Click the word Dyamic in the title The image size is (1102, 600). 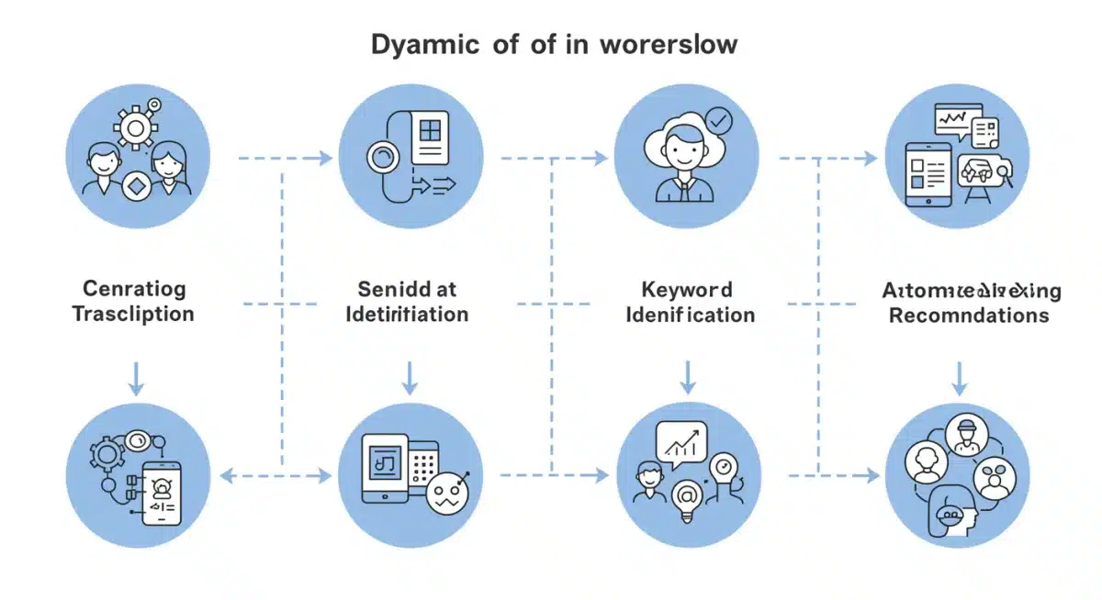(418, 44)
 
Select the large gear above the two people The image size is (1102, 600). (135, 129)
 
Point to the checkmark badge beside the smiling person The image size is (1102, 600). (720, 119)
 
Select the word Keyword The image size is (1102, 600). (686, 290)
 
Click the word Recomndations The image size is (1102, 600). (969, 316)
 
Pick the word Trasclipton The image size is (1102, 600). (133, 314)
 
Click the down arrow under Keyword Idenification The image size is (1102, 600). (686, 376)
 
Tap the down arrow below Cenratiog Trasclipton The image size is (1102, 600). (136, 377)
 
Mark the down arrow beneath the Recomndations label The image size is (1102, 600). (960, 377)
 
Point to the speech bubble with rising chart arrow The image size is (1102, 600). (681, 443)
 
